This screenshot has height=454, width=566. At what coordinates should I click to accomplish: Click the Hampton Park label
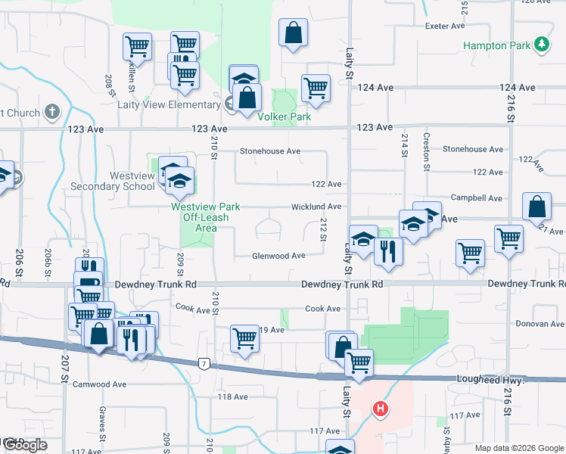(496, 45)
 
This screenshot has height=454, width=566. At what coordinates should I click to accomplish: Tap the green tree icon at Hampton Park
(541, 45)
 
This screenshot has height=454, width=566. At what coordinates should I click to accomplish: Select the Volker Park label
(285, 117)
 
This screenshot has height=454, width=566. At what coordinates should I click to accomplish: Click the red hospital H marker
(380, 410)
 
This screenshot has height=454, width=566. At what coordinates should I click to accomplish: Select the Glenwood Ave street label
(279, 256)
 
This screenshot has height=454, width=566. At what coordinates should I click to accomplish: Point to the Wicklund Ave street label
(317, 207)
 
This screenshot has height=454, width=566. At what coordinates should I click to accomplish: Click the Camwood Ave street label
(99, 384)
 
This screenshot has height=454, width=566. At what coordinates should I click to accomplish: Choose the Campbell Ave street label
(476, 198)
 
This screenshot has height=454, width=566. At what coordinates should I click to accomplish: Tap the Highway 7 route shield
(204, 364)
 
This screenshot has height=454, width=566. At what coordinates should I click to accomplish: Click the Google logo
(25, 445)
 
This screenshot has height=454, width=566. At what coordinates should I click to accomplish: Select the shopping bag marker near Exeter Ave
(293, 34)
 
